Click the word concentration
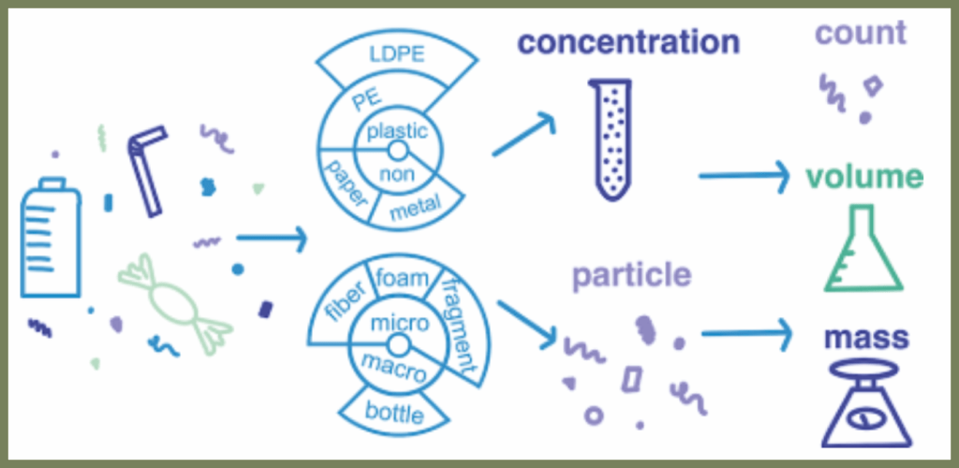628,42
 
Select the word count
861,33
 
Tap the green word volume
867,176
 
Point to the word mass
866,336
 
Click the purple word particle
631,275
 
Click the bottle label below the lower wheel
394,413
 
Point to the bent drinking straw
147,169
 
